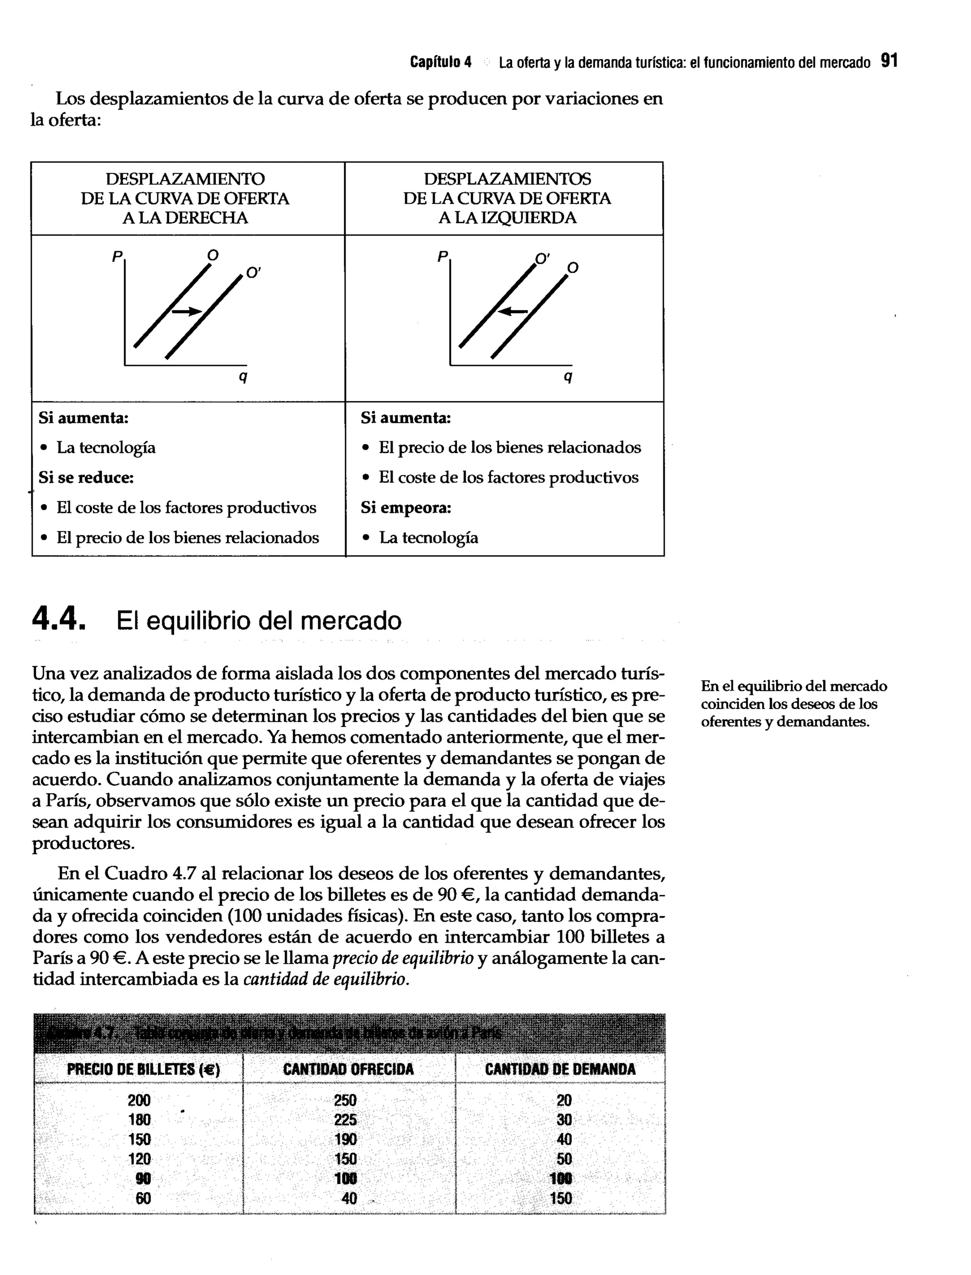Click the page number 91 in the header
(x=889, y=61)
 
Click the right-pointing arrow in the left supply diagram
(x=187, y=311)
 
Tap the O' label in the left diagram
(x=253, y=273)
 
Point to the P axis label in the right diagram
(x=442, y=255)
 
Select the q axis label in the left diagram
(x=243, y=377)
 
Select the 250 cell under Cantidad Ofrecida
(x=345, y=1101)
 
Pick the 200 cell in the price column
(x=139, y=1101)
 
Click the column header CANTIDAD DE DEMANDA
(x=560, y=1069)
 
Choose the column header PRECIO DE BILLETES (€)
(x=143, y=1069)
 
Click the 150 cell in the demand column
(x=560, y=1199)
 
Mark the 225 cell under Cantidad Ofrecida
(x=345, y=1120)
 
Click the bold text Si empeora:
(x=406, y=508)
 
